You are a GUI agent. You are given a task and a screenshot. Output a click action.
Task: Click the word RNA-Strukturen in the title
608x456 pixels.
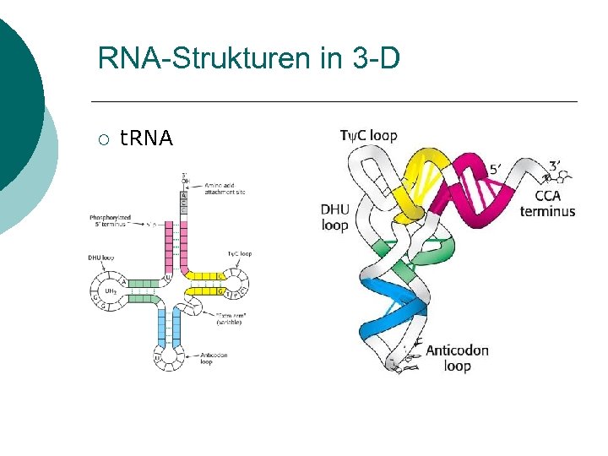tap(203, 60)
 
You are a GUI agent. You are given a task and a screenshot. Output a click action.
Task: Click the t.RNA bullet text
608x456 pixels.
tap(146, 138)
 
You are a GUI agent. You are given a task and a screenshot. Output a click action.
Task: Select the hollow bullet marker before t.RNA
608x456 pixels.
tap(102, 138)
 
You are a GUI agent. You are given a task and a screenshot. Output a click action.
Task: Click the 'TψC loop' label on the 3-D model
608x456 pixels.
tap(368, 136)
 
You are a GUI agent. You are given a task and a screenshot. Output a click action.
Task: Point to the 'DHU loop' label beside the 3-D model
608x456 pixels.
tap(334, 217)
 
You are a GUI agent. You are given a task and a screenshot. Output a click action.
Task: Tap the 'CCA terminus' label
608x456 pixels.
tap(547, 204)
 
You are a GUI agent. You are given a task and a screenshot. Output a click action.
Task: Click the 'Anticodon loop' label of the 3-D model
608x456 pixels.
tap(457, 358)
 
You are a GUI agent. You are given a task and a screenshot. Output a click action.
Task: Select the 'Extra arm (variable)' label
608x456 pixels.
tap(231, 318)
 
